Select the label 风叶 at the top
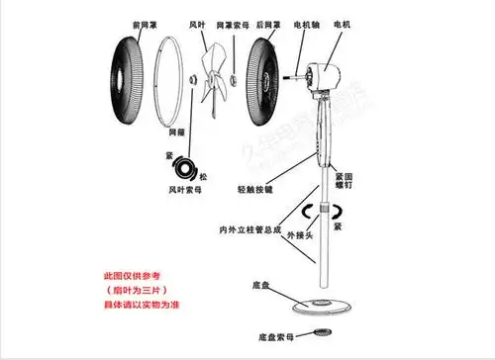(x=198, y=22)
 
